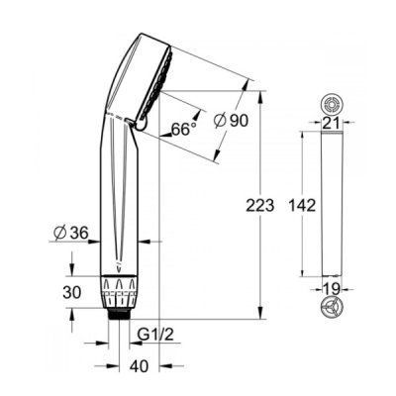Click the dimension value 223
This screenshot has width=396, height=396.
260,205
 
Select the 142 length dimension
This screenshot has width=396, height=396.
302,205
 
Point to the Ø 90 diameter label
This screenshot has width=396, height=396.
231,120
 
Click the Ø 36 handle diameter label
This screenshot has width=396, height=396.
71,234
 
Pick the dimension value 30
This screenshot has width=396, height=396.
71,292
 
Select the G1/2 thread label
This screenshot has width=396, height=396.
155,336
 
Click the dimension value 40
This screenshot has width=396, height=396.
140,366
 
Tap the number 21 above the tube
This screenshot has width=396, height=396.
332,123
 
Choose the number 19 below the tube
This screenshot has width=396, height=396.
332,289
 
